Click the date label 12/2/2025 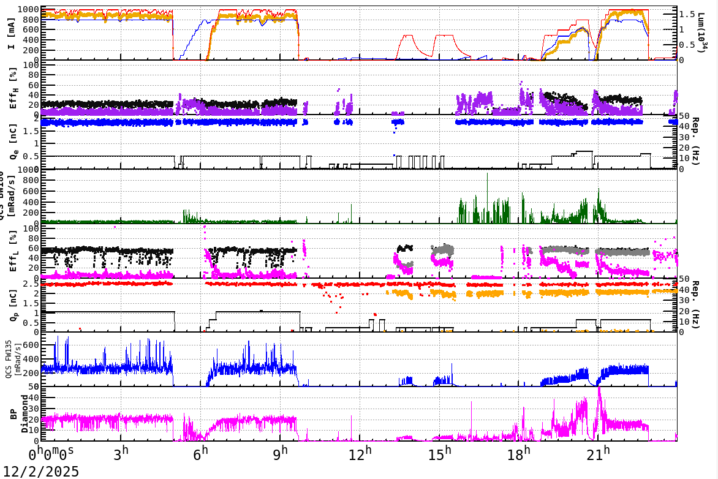[x=40, y=471]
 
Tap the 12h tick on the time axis [x=360, y=455]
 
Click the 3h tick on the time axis [x=121, y=455]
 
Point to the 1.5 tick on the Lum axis [x=687, y=13]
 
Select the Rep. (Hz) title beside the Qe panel [x=704, y=142]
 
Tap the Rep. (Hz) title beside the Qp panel [x=704, y=306]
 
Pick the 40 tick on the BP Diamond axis [x=34, y=397]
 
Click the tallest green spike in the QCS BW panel [x=487, y=174]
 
